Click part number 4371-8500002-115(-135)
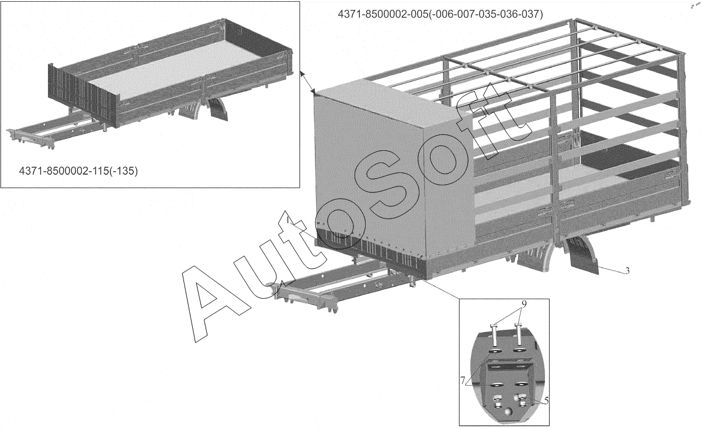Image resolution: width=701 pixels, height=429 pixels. coord(78,171)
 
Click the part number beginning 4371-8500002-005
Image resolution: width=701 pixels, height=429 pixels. coord(440,14)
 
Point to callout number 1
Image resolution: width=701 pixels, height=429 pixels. coord(287,220)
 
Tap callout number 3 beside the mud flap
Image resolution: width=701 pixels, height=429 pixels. coord(627,270)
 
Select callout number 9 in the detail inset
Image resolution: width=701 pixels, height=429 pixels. coord(524,303)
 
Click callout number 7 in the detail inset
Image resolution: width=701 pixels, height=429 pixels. coord(463,380)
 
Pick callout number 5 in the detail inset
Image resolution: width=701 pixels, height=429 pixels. coord(546,400)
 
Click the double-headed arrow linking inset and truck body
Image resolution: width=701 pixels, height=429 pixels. coord(307,82)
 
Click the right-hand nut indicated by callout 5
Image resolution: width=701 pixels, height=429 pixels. coord(522,399)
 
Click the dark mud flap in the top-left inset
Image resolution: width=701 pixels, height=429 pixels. coord(218,110)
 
